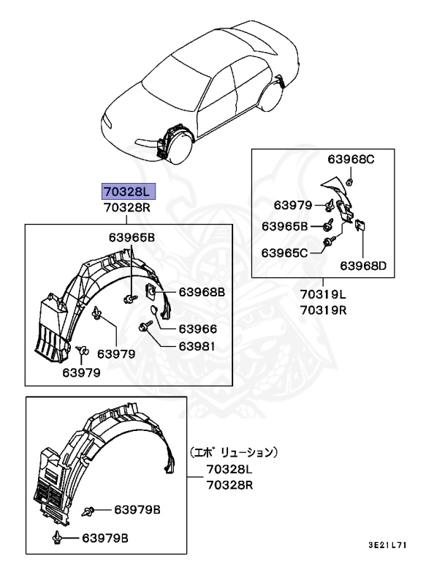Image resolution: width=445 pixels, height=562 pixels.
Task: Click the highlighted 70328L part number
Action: (127, 192)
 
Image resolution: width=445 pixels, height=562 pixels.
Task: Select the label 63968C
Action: (350, 159)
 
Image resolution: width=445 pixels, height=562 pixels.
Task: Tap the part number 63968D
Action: (362, 265)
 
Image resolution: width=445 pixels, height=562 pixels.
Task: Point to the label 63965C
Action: (285, 252)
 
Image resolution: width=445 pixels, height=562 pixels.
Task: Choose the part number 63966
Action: (197, 329)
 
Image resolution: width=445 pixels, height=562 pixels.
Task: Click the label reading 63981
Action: (197, 346)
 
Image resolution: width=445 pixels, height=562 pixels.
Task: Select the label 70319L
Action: (322, 294)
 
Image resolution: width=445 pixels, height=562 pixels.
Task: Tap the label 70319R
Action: (322, 310)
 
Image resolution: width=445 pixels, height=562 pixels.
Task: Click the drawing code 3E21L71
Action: (387, 545)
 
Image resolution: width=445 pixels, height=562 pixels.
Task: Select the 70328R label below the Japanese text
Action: (229, 484)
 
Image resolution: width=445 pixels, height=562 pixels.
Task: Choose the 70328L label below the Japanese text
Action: (229, 469)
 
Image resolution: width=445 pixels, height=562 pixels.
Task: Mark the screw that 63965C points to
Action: (327, 244)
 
